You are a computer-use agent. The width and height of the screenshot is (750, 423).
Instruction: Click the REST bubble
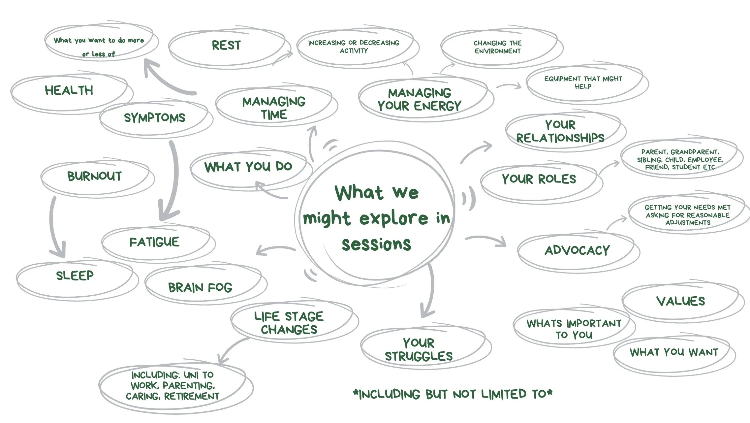226,46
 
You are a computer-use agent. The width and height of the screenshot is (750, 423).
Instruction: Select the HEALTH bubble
69,90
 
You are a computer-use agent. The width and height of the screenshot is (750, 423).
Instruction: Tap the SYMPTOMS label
154,118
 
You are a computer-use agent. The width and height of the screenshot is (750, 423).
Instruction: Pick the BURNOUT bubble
95,176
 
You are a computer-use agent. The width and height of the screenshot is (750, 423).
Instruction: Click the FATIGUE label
154,242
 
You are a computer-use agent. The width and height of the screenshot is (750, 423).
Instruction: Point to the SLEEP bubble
75,276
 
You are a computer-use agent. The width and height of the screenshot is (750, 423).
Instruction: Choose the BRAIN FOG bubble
200,287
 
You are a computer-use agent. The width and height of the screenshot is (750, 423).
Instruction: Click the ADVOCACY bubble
577,250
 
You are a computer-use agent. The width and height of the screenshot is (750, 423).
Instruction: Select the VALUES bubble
680,301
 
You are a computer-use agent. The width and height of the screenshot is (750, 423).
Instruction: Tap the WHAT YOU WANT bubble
674,352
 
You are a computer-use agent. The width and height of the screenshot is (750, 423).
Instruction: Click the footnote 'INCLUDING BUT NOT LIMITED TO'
453,394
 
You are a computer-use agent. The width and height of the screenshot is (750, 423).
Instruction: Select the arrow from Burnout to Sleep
54,228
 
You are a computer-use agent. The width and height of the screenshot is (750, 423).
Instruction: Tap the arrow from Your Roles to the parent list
609,167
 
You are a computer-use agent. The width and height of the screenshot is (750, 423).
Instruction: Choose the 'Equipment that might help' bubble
583,82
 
